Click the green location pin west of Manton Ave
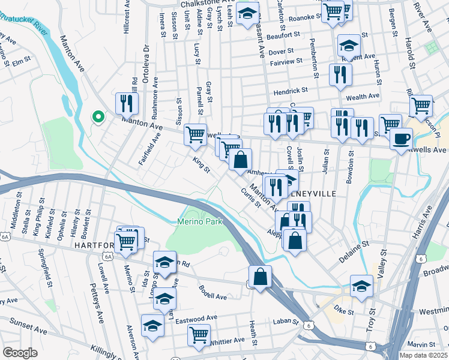(96, 118)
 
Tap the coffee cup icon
(401, 139)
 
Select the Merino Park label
(200, 221)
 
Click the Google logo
(20, 353)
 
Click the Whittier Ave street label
(228, 341)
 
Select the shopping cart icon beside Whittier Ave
(198, 335)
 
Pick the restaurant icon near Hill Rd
(127, 104)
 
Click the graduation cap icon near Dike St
(361, 287)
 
